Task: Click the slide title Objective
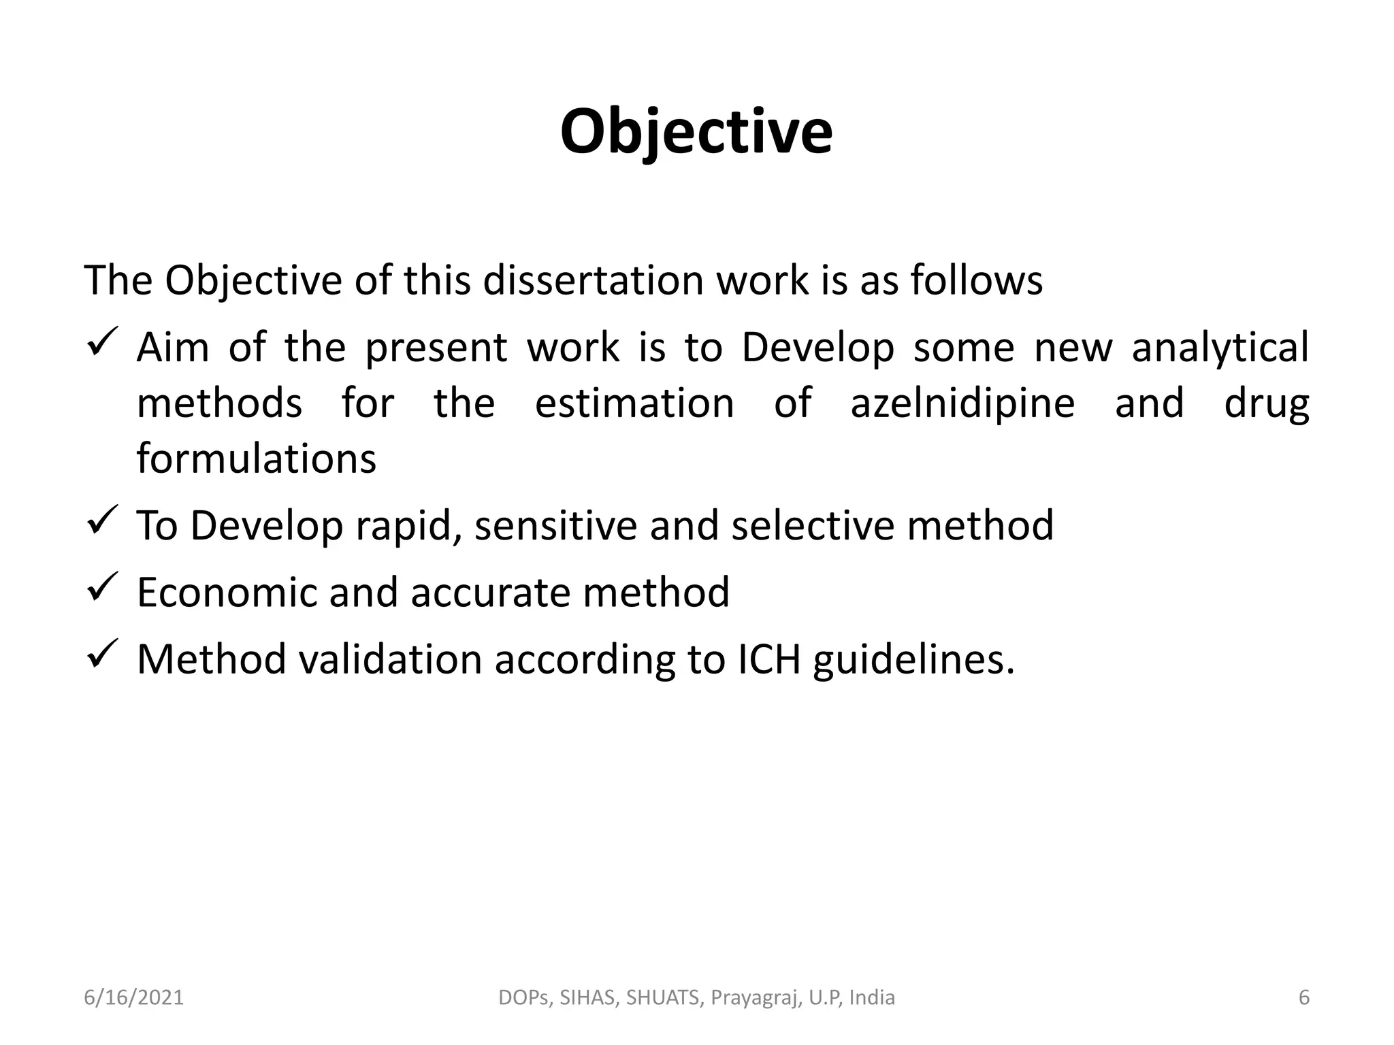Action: click(696, 133)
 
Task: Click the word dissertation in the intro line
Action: click(592, 280)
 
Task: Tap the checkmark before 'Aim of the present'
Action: click(103, 342)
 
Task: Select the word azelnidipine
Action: click(962, 403)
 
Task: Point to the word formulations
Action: click(256, 459)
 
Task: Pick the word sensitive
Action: click(555, 526)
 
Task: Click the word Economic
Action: click(227, 593)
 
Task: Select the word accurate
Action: click(490, 593)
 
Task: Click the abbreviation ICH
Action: click(768, 659)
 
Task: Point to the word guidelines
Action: click(913, 659)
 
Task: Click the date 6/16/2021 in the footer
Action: click(133, 997)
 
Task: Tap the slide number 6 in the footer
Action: click(1303, 997)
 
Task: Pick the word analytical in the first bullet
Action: click(1220, 348)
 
